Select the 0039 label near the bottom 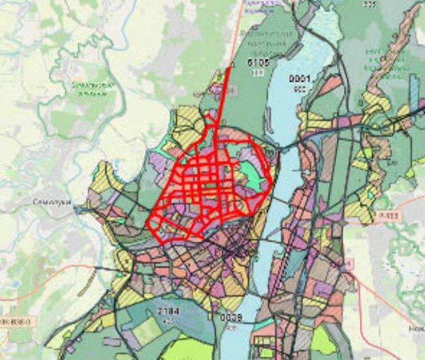pos(231,318)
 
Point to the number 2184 pos(168,311)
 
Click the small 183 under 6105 pos(259,73)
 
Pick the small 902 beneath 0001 pos(299,89)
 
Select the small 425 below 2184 pos(168,321)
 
